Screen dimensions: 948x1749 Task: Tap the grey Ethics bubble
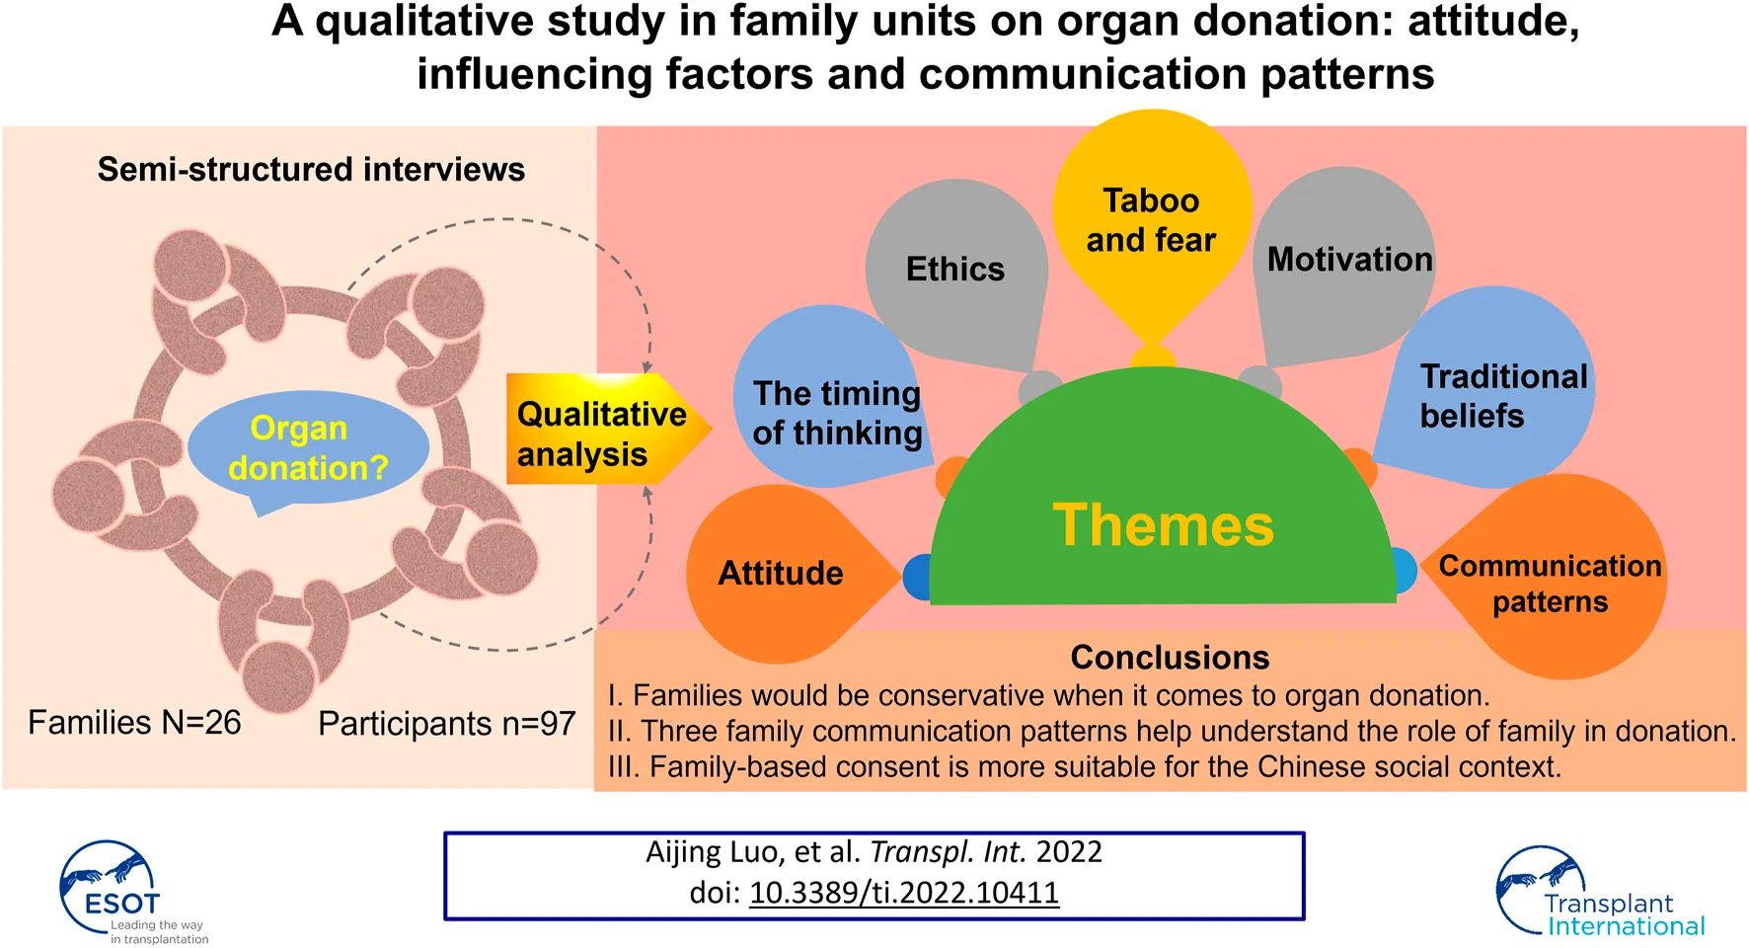click(x=954, y=269)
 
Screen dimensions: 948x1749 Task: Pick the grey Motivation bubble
click(x=1348, y=260)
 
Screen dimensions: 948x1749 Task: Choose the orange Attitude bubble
click(x=780, y=573)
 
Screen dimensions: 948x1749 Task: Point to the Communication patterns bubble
click(x=1550, y=583)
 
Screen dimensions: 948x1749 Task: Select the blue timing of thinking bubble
click(x=836, y=413)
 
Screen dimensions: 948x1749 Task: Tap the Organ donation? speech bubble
click(x=308, y=447)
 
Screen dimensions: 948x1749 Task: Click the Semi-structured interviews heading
click(x=311, y=170)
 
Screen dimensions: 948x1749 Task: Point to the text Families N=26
click(x=134, y=723)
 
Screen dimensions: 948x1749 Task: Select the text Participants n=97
click(x=446, y=724)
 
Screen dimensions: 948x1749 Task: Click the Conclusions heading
click(x=1170, y=658)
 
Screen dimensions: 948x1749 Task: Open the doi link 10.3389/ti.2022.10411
click(x=904, y=893)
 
